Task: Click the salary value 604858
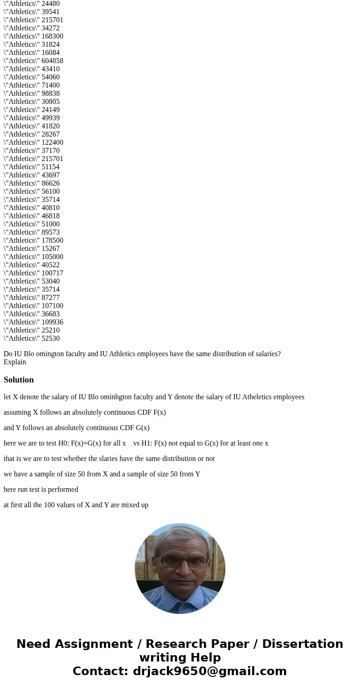(x=52, y=61)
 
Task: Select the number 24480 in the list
(x=50, y=4)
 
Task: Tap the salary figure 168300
(x=52, y=36)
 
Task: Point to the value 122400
(x=52, y=142)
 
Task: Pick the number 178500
(x=52, y=240)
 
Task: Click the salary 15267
(x=50, y=249)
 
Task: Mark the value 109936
(x=52, y=322)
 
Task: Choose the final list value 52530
(x=50, y=338)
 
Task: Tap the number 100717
(x=52, y=273)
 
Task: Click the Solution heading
(x=19, y=380)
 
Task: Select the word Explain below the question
(x=15, y=362)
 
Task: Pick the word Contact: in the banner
(x=100, y=671)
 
